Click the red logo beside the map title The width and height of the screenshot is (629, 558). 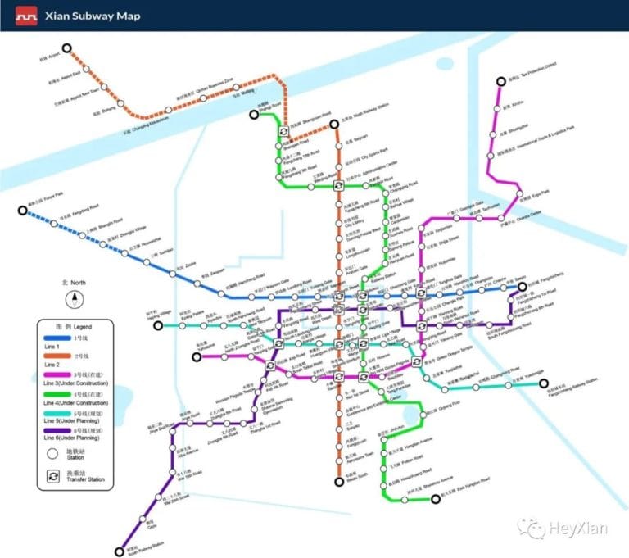(28, 15)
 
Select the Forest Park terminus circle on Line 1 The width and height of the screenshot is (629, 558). (23, 211)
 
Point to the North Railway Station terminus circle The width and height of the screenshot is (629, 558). (334, 125)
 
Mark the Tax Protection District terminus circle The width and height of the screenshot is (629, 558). (498, 81)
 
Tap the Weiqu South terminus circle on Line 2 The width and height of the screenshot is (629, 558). (338, 482)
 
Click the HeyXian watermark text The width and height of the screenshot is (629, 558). (577, 529)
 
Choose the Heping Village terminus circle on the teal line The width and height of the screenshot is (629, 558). (155, 325)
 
